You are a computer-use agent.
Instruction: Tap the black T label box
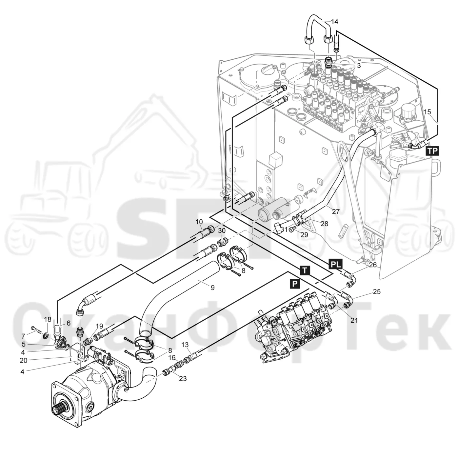305,270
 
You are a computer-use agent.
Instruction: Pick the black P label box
295,284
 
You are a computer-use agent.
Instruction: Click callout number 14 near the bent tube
334,22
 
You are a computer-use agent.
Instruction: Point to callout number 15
428,111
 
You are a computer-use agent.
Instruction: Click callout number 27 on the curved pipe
335,211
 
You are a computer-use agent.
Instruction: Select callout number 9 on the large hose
212,288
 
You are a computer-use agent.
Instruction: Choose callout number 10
199,222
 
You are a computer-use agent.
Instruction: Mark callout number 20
23,361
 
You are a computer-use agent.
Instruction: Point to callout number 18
48,319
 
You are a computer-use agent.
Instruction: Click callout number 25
377,291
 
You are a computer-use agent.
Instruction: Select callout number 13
185,345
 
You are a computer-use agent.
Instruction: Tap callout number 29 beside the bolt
304,235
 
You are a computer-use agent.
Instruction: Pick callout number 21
354,320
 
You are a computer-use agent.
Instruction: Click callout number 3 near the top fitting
359,65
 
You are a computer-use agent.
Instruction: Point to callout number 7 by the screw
23,336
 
